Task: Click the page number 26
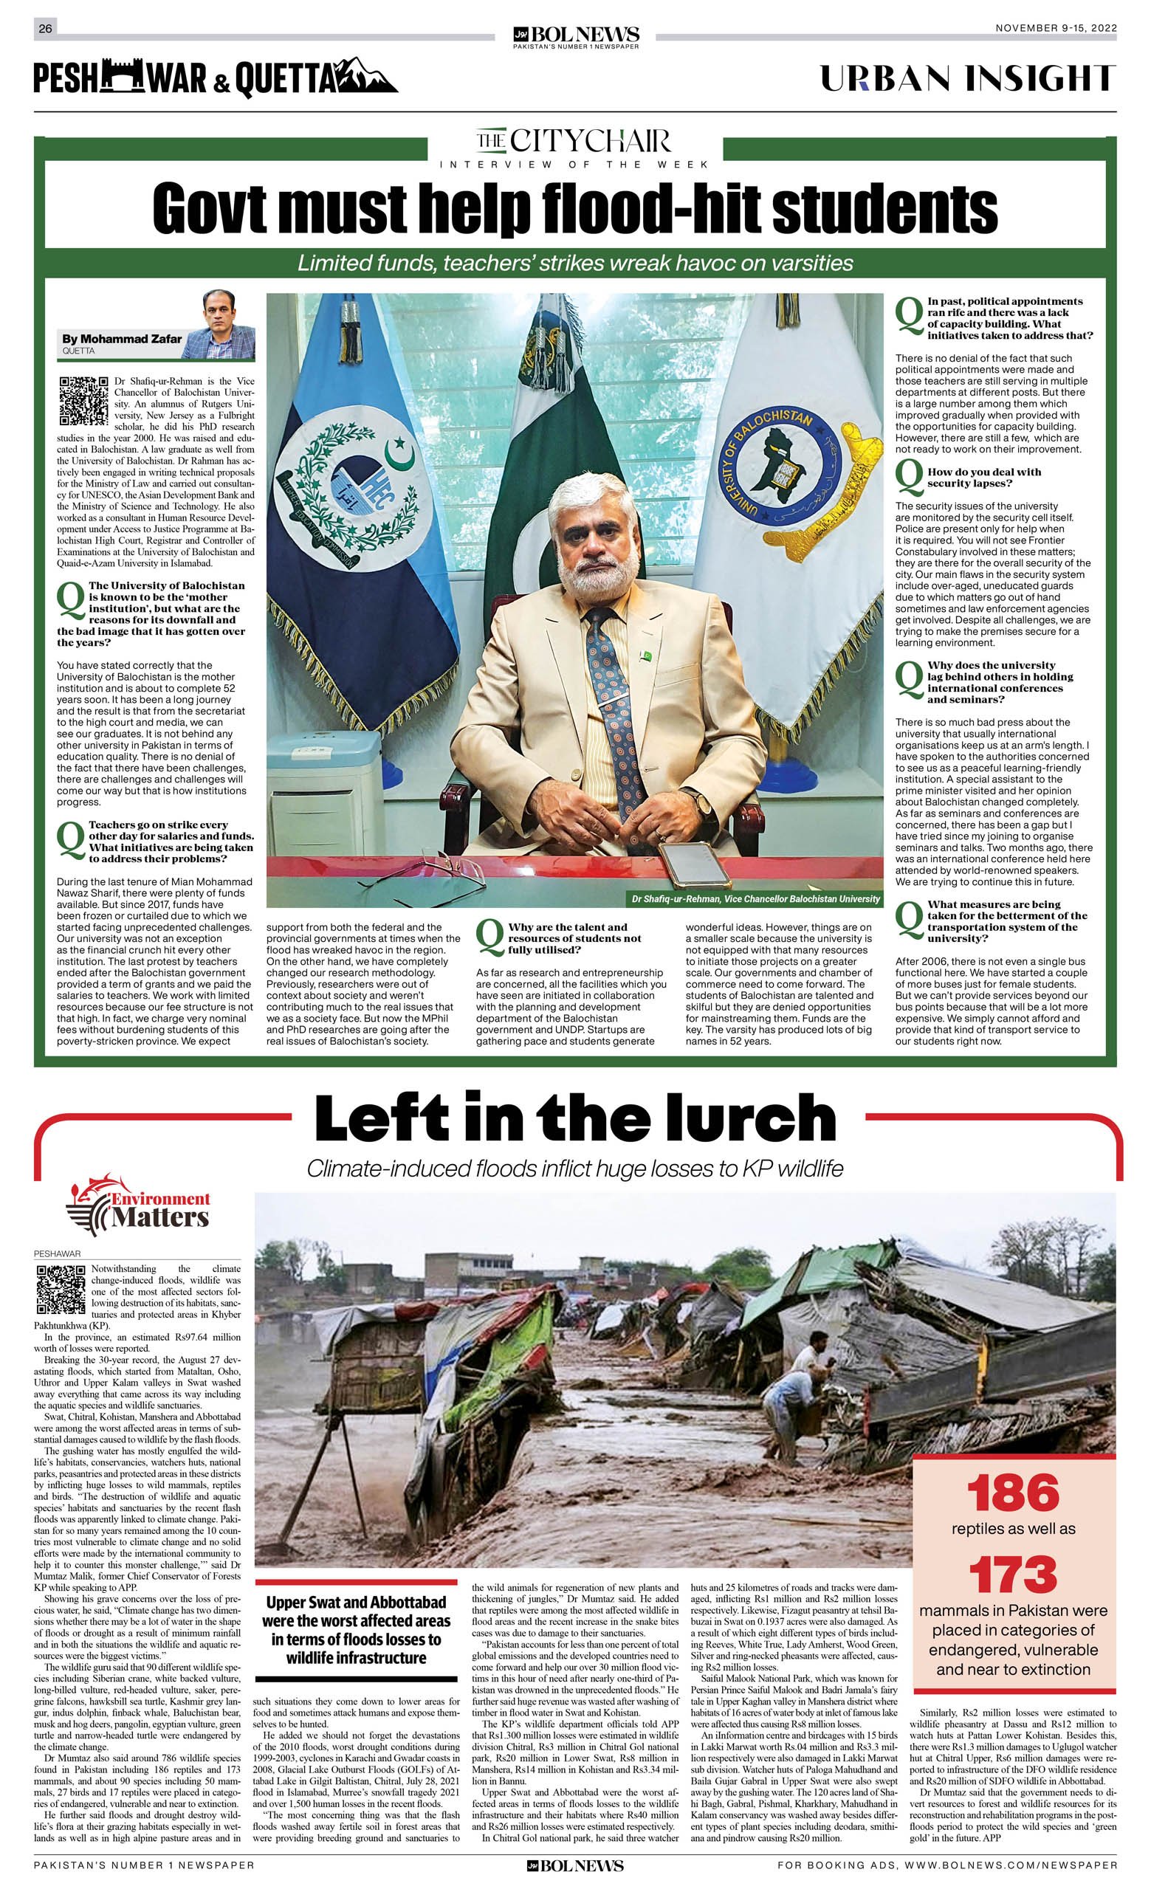pyautogui.click(x=45, y=29)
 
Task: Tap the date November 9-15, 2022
pyautogui.click(x=1056, y=28)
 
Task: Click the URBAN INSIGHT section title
pyautogui.click(x=968, y=78)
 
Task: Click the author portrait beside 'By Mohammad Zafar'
pyautogui.click(x=229, y=325)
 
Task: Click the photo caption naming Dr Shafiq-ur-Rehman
pyautogui.click(x=755, y=898)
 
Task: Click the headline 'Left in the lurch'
pyautogui.click(x=575, y=1118)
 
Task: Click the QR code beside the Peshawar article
pyautogui.click(x=61, y=1289)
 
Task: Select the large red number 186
pyautogui.click(x=1013, y=1494)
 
